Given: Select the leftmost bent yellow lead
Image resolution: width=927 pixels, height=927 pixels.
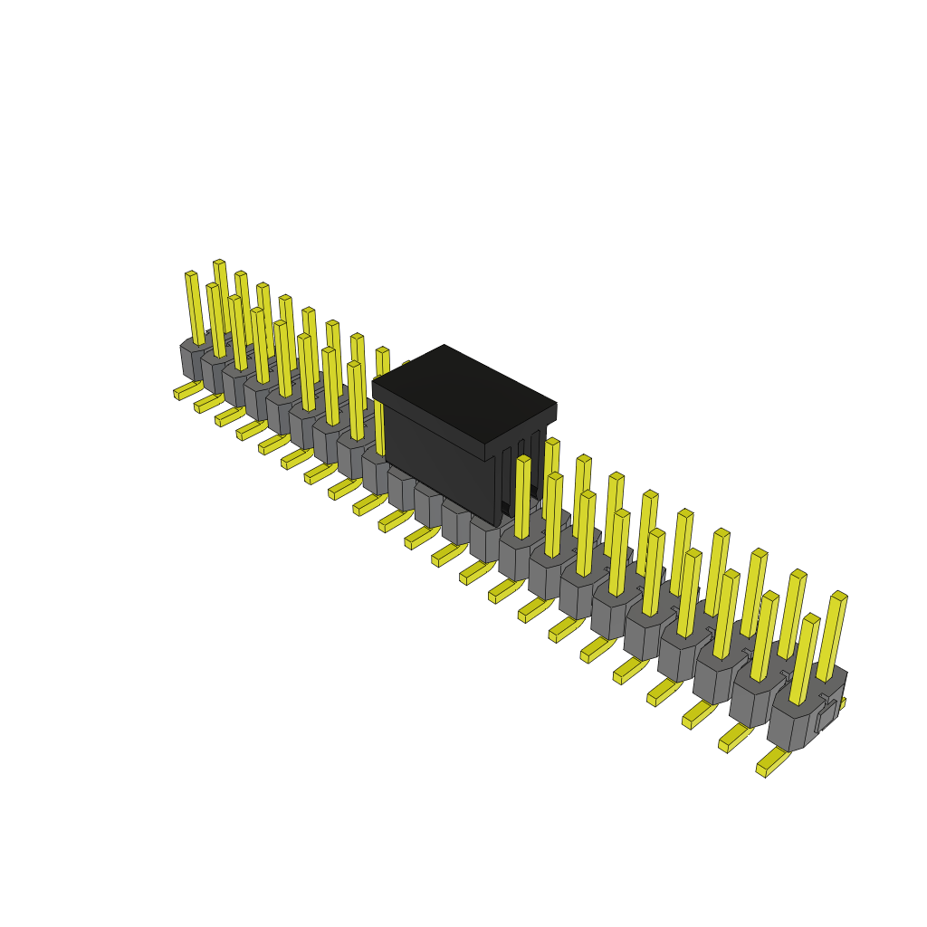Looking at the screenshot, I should pyautogui.click(x=186, y=390).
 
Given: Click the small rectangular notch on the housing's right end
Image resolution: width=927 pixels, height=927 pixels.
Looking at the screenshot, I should pyautogui.click(x=827, y=715).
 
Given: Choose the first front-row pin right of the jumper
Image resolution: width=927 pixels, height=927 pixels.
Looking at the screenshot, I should pyautogui.click(x=522, y=497).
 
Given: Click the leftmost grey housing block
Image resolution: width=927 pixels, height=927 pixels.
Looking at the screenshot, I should pyautogui.click(x=192, y=360).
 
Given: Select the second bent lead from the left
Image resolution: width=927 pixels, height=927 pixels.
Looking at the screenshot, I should pyautogui.click(x=207, y=404).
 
